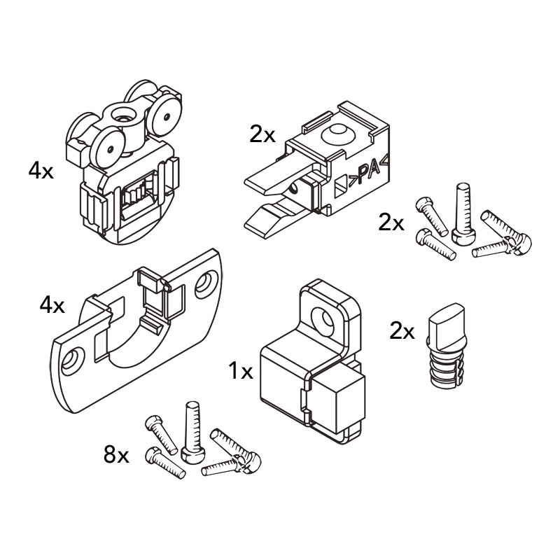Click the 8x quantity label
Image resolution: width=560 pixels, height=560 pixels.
click(116, 456)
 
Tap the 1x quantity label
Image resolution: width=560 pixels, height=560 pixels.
click(241, 371)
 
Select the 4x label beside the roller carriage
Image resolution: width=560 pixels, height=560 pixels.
click(41, 171)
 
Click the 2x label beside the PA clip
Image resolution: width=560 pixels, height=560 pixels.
click(262, 134)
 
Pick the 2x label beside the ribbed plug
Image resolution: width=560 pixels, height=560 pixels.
click(402, 331)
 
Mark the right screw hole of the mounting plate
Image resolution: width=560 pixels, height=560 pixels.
click(206, 283)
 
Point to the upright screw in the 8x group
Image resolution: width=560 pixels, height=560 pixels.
click(190, 430)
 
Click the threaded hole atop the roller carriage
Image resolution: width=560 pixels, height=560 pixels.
click(120, 112)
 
